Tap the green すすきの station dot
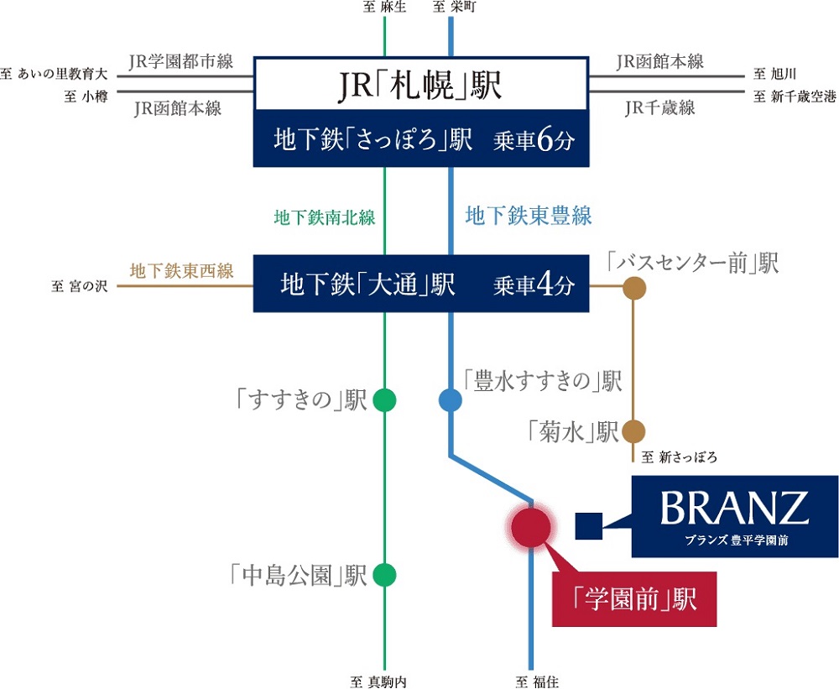pos(384,400)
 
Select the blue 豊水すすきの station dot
pos(451,400)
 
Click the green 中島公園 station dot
pos(384,575)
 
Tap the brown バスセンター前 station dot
pos(633,289)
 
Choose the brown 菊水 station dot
pos(633,431)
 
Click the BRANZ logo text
pos(733,508)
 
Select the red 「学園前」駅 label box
pos(634,599)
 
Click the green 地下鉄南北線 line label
pos(325,217)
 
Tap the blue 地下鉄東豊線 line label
pos(529,217)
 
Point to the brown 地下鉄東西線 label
pos(181,271)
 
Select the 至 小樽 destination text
pos(81,97)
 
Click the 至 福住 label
pos(532,681)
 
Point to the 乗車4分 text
pos(534,285)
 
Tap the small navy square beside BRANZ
pos(588,526)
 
